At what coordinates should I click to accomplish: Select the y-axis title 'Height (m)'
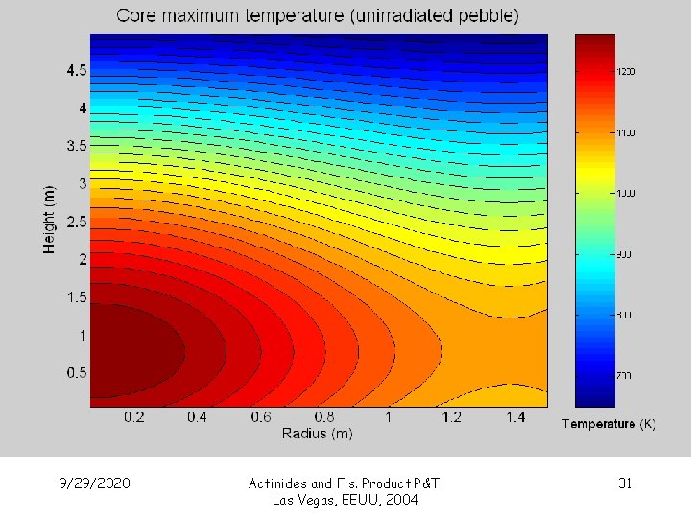click(x=49, y=220)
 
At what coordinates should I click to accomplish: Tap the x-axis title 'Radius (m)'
click(x=317, y=434)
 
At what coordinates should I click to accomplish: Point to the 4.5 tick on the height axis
click(x=76, y=71)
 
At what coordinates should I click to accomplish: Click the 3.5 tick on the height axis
click(x=76, y=146)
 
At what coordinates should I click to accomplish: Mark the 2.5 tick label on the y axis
click(x=76, y=222)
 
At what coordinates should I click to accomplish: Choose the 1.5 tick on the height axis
click(x=76, y=297)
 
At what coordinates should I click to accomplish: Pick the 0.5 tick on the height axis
click(x=76, y=372)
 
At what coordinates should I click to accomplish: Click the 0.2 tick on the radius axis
click(x=134, y=417)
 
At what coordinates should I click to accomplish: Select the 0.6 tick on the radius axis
click(x=261, y=417)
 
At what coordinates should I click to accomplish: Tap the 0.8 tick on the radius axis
click(x=324, y=417)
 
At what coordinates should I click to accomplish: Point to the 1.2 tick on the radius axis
click(x=451, y=417)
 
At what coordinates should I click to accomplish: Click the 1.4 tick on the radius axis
click(x=514, y=417)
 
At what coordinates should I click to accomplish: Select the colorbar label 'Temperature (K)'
click(x=608, y=424)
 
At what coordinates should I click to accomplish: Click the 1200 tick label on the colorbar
click(x=626, y=71)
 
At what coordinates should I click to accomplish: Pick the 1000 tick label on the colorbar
click(x=626, y=193)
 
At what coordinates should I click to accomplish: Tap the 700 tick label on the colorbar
click(x=624, y=375)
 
